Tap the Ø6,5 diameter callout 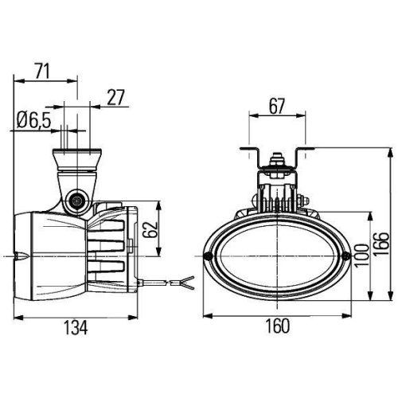coord(33,120)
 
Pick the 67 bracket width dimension coord(276,105)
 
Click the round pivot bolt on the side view coord(77,201)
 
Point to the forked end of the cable coord(187,280)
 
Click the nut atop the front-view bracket coord(277,162)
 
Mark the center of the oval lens coord(276,258)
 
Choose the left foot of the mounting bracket coord(248,150)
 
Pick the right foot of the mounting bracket coord(306,150)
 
